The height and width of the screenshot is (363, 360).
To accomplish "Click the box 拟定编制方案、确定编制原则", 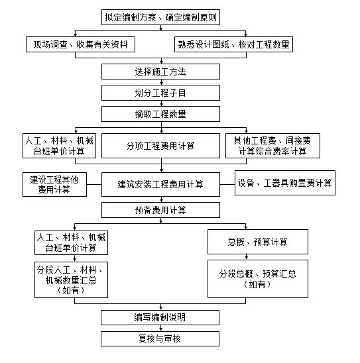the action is point(160,17).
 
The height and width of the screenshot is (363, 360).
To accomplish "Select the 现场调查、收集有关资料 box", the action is point(80,44).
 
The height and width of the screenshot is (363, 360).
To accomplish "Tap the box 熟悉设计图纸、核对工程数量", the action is point(233,44).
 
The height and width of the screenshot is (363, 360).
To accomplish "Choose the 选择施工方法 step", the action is point(160,72).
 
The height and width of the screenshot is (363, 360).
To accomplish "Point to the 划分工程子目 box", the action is point(160,93).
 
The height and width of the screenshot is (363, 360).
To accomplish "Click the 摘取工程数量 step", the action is point(160,114).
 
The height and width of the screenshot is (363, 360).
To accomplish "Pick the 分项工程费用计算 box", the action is point(160,146).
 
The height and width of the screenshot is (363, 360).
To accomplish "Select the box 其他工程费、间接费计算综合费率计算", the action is point(272,146).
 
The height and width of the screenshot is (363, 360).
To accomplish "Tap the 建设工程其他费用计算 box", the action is point(54,185).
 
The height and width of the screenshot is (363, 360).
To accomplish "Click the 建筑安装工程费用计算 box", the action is point(160,185).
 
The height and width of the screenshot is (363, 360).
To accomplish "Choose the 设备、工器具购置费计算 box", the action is point(285,183).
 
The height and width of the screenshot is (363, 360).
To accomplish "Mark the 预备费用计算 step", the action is point(160,210).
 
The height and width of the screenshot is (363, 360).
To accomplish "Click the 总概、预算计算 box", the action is point(258,242).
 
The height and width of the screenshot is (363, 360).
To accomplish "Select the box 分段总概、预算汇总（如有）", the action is point(258,279).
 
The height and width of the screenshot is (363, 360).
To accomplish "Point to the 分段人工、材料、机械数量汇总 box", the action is point(71,280).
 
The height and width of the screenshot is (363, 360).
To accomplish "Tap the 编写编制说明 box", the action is point(160,317).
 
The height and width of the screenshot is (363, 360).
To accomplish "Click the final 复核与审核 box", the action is point(160,338).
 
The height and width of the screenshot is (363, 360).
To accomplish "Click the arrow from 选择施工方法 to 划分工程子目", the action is point(162,82).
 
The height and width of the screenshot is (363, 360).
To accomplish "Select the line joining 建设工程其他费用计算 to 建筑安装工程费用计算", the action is point(94,185).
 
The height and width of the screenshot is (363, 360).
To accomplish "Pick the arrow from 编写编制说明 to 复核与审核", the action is point(160,328).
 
